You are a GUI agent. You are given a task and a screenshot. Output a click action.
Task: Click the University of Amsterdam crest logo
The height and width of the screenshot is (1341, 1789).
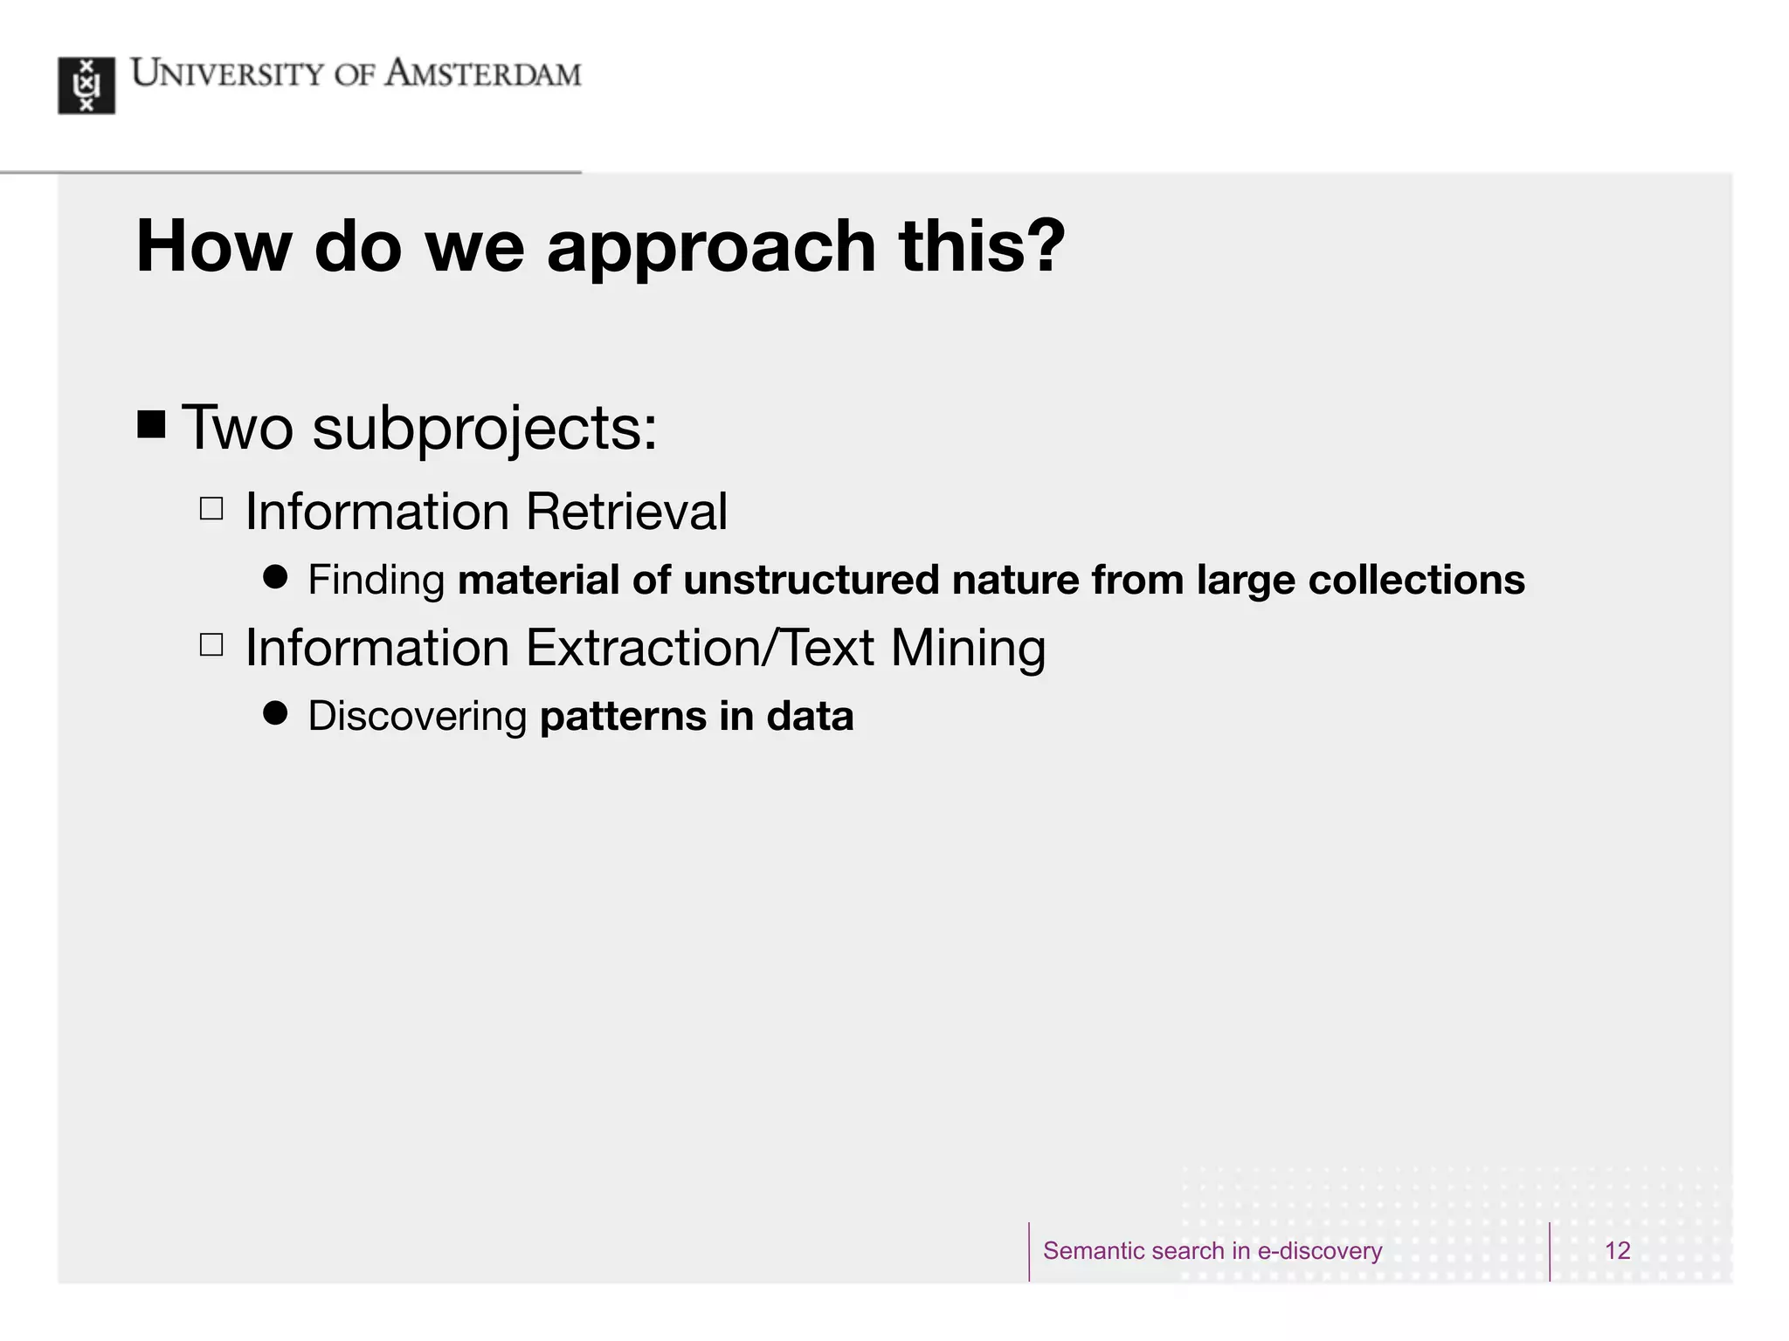pyautogui.click(x=86, y=86)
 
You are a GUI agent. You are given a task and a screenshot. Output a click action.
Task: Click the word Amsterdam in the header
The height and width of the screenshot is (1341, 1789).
pyautogui.click(x=483, y=74)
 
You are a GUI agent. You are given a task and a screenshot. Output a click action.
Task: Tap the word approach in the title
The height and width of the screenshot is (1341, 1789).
pyautogui.click(x=711, y=247)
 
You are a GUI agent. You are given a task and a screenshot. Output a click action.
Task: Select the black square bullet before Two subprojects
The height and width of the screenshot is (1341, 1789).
pyautogui.click(x=151, y=425)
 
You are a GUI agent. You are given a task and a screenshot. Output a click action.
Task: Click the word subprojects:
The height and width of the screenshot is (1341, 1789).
pyautogui.click(x=485, y=429)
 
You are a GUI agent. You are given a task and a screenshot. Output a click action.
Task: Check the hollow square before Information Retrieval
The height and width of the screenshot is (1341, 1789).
pyautogui.click(x=211, y=508)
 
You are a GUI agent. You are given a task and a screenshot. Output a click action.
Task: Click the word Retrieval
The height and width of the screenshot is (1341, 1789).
pyautogui.click(x=626, y=512)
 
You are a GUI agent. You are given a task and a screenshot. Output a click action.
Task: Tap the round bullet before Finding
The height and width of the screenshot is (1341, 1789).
pyautogui.click(x=275, y=577)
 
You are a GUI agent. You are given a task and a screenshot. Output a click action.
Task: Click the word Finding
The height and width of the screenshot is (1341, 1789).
pyautogui.click(x=376, y=581)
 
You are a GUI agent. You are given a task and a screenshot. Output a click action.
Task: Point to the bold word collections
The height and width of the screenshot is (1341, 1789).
pyautogui.click(x=1416, y=581)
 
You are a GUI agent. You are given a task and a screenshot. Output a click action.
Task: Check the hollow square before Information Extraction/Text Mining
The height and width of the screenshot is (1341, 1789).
pyautogui.click(x=211, y=644)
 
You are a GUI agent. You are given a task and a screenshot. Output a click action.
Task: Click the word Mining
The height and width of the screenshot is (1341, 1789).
pyautogui.click(x=968, y=649)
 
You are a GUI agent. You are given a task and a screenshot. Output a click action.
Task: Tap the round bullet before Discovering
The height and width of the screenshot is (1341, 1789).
pyautogui.click(x=275, y=713)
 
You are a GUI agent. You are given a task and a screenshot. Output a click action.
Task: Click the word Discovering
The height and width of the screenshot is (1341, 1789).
pyautogui.click(x=418, y=717)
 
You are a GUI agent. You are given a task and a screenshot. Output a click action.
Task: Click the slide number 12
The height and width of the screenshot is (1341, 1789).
pyautogui.click(x=1617, y=1250)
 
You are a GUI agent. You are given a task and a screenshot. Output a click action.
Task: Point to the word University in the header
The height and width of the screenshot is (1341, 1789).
pyautogui.click(x=226, y=74)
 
